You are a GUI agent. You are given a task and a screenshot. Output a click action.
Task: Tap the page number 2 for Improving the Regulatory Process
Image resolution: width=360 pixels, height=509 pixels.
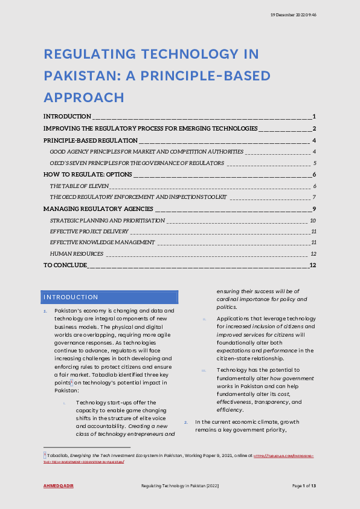315,128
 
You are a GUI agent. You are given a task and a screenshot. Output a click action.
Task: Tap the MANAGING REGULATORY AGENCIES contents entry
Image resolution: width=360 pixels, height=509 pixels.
98,209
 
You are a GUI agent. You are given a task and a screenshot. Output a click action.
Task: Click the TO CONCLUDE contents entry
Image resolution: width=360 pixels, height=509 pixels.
65,265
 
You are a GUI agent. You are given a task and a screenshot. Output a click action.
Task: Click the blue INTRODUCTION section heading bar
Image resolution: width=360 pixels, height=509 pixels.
111,297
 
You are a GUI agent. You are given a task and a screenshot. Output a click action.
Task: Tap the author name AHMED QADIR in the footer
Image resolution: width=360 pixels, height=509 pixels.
59,486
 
